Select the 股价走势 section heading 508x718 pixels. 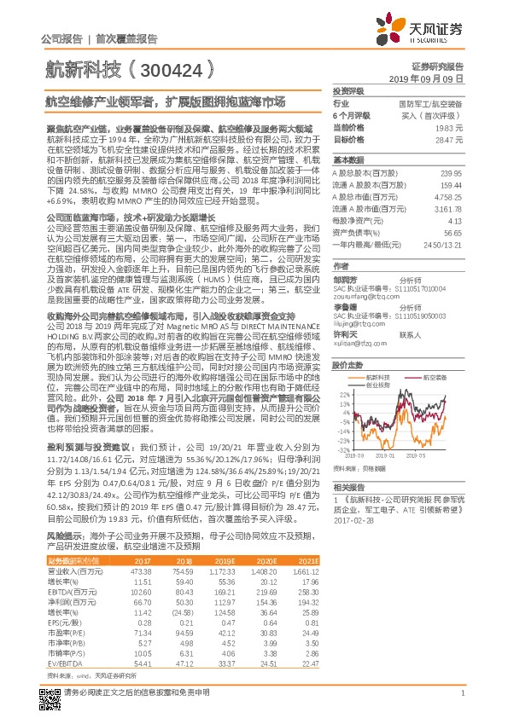pos(347,363)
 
